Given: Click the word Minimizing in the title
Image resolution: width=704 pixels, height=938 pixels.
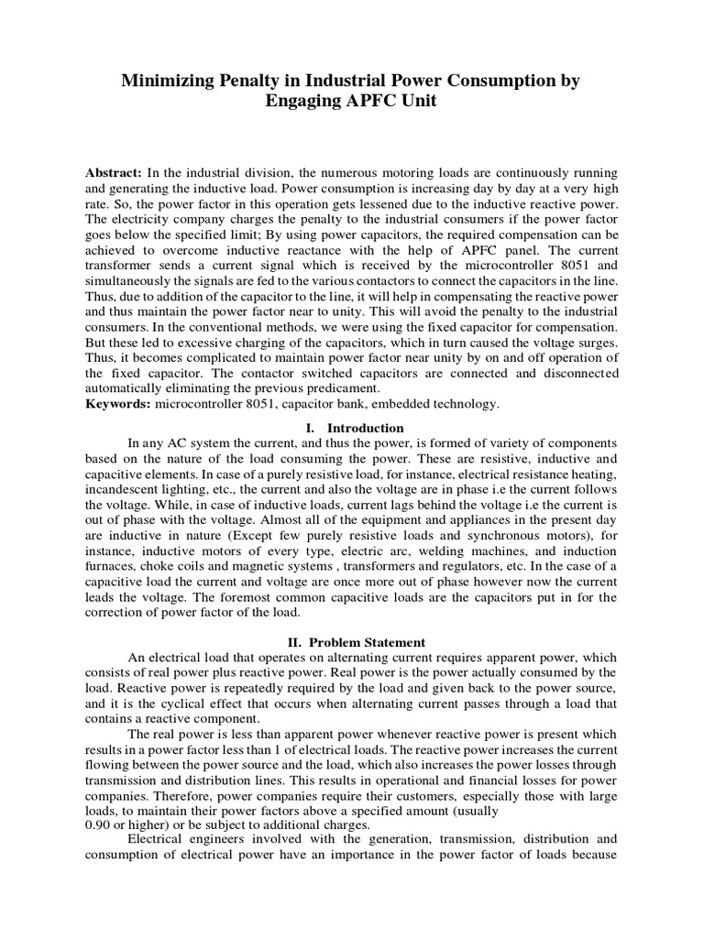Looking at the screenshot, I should pos(169,82).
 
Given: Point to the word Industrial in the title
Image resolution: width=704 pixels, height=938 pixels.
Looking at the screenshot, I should pos(342,82).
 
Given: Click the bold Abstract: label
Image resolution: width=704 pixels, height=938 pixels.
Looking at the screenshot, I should pos(114,173).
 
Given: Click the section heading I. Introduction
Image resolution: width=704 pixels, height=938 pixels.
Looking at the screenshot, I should pos(353,428).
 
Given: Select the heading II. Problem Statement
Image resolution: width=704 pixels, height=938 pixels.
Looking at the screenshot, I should pos(352,641).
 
